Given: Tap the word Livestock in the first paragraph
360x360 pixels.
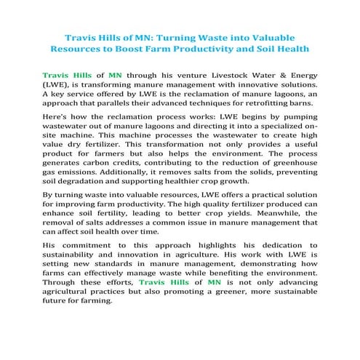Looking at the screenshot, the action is click(223, 74).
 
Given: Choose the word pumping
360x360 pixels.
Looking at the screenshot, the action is click(298, 125).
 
